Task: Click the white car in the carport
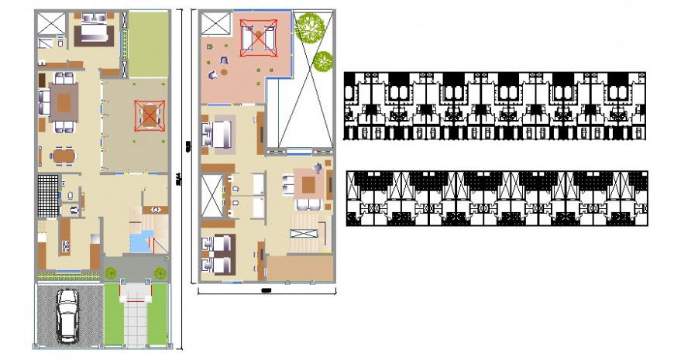[x=68, y=315]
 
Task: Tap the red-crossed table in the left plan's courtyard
[x=147, y=115]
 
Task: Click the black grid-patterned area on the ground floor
[x=47, y=195]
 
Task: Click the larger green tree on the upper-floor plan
[x=310, y=27]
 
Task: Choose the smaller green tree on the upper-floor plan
[x=322, y=59]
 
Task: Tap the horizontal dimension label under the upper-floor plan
[x=266, y=291]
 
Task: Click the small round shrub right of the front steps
[x=160, y=273]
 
